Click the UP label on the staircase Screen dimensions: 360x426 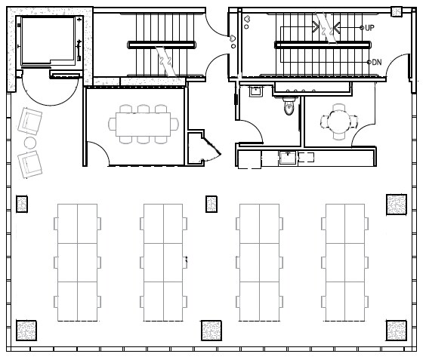(x=370, y=28)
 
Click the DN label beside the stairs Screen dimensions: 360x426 (x=376, y=62)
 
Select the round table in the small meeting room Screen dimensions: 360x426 (x=335, y=121)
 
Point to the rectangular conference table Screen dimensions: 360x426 (x=143, y=123)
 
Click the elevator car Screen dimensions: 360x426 (x=48, y=42)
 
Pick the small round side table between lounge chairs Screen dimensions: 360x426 (x=30, y=142)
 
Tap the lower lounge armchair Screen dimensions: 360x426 (x=29, y=163)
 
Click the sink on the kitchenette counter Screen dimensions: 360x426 (x=287, y=157)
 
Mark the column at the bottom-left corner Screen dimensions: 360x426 (x=26, y=331)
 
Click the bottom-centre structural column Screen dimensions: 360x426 (x=211, y=330)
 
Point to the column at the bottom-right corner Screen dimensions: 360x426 (x=396, y=331)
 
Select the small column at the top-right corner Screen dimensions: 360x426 (x=396, y=11)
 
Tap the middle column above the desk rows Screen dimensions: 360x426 (x=211, y=204)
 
